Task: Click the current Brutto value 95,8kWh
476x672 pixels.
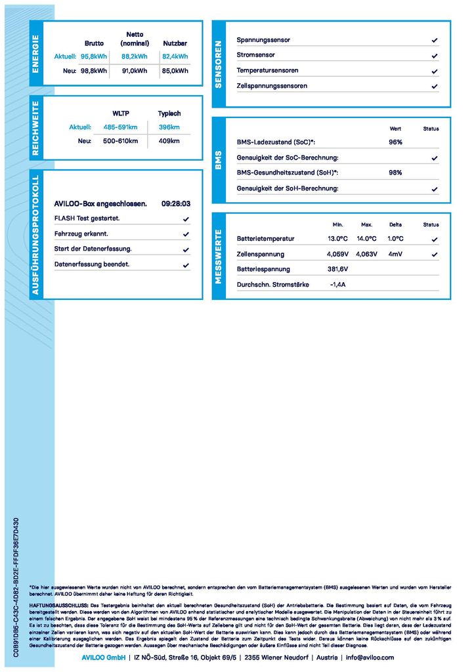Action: (93, 56)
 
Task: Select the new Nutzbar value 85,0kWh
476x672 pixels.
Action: (175, 71)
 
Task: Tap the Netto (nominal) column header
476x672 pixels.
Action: (135, 39)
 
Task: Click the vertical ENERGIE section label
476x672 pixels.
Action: (36, 54)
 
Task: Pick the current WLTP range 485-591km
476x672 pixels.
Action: (120, 127)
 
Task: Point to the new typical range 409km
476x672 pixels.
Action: (169, 141)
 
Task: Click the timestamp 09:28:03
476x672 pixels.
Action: (176, 204)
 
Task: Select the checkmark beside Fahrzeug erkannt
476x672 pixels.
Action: (186, 234)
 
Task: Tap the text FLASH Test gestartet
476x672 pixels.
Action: (87, 219)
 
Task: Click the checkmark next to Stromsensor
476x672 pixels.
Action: (435, 56)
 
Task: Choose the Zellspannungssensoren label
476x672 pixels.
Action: (272, 86)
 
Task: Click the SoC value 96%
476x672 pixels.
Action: (395, 142)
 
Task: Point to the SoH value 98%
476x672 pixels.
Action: (395, 173)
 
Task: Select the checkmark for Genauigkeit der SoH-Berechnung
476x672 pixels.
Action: (435, 189)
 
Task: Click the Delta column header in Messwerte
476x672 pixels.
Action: (395, 225)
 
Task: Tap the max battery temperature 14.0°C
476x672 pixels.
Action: (366, 239)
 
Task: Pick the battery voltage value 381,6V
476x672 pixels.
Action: (337, 269)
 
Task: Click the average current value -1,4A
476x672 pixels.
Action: (337, 285)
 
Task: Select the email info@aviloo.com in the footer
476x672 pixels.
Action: (370, 658)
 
